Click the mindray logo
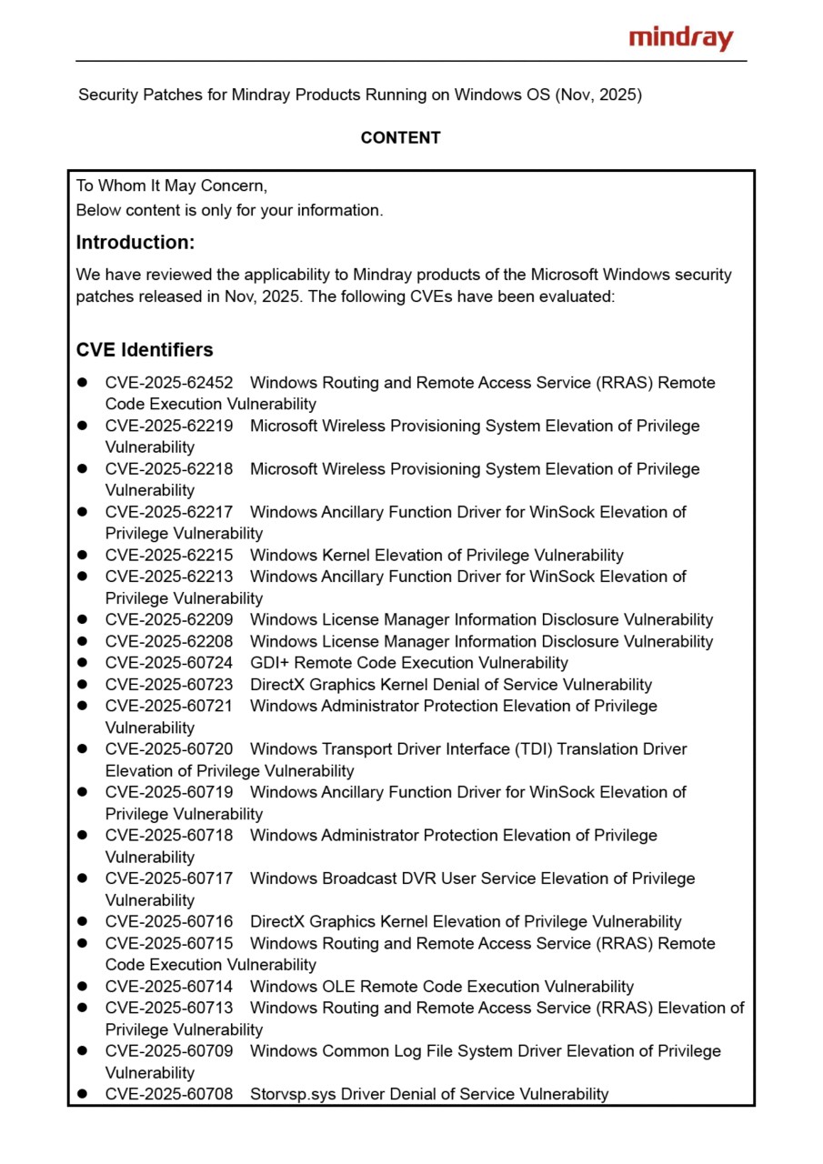point(680,38)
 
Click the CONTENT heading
point(400,138)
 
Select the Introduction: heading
point(135,243)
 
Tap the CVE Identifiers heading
point(145,350)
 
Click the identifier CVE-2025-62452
point(169,383)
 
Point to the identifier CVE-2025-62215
point(169,556)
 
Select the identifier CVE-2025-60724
point(169,663)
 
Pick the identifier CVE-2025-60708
point(169,1094)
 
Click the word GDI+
point(270,663)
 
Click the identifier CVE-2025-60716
point(169,922)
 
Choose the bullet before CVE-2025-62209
point(82,620)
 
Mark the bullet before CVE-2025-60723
point(82,685)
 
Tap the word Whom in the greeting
point(123,186)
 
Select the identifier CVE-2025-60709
point(169,1051)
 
